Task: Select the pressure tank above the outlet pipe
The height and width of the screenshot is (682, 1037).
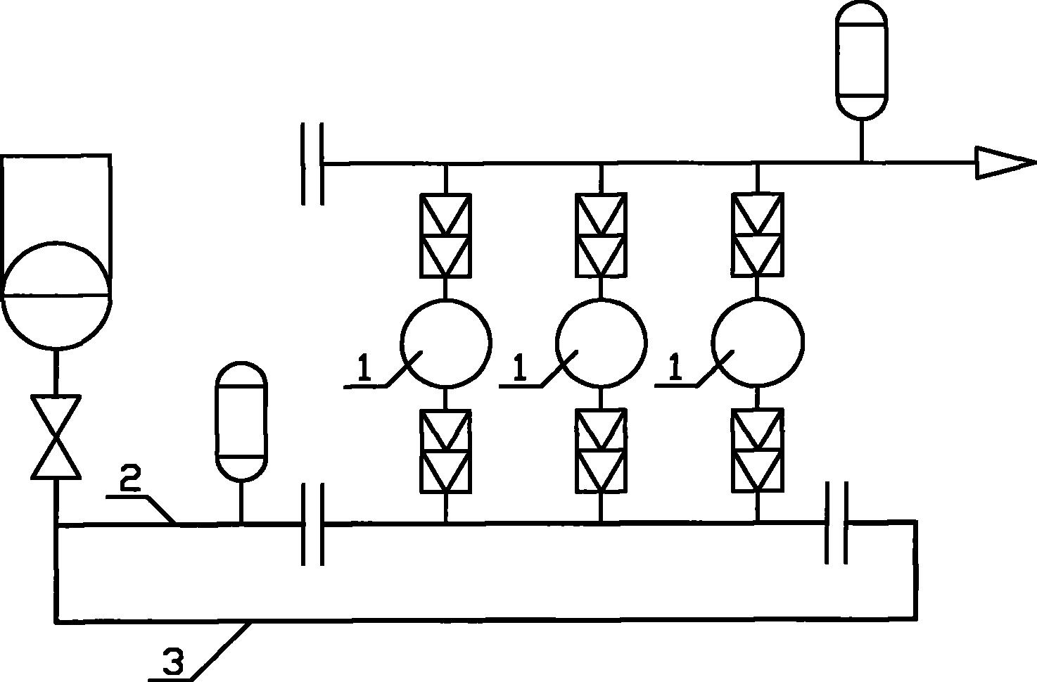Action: coord(862,61)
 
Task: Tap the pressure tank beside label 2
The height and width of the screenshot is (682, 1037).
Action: coord(241,421)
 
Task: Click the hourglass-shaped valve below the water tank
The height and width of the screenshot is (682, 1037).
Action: coord(56,436)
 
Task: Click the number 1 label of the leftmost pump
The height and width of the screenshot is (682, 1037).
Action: coord(364,367)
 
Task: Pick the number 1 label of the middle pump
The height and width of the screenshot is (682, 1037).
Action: coord(520,367)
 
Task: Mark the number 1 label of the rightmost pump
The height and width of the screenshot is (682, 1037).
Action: coord(676,367)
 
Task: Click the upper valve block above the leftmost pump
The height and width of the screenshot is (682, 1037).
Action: coord(445,236)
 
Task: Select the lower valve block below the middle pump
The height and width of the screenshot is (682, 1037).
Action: coord(601,450)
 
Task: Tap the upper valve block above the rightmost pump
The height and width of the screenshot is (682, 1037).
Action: coord(758,235)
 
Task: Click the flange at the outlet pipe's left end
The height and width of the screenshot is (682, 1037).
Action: coord(313,163)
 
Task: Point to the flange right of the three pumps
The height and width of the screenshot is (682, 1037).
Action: coord(836,523)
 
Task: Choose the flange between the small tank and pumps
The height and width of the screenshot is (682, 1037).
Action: coord(313,524)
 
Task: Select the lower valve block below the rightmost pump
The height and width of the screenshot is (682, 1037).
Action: coord(758,450)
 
